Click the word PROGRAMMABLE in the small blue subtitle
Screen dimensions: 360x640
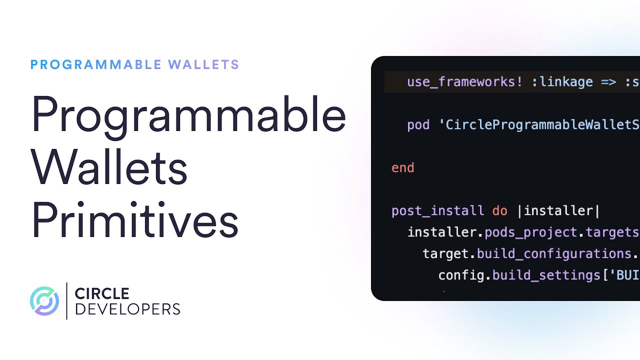[x=96, y=64]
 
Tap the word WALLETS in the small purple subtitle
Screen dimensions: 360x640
[x=203, y=64]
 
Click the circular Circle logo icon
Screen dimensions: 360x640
[x=44, y=301]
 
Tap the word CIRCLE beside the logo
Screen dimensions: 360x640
[x=102, y=293]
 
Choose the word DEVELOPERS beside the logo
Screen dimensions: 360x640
[x=127, y=309]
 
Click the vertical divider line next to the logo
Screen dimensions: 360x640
[x=66, y=301]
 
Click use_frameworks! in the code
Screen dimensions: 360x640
[x=465, y=82]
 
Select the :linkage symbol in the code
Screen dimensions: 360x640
[x=562, y=82]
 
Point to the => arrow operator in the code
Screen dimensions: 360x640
[x=608, y=82]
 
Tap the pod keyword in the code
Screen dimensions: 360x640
[x=418, y=124]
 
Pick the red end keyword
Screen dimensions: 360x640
[x=402, y=167]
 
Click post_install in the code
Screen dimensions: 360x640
[x=437, y=210]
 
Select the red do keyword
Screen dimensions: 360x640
[x=499, y=210]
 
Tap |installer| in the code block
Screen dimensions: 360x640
[x=558, y=210]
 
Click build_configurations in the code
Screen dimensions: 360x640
[x=554, y=253]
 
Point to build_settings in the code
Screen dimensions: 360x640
[x=546, y=275]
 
